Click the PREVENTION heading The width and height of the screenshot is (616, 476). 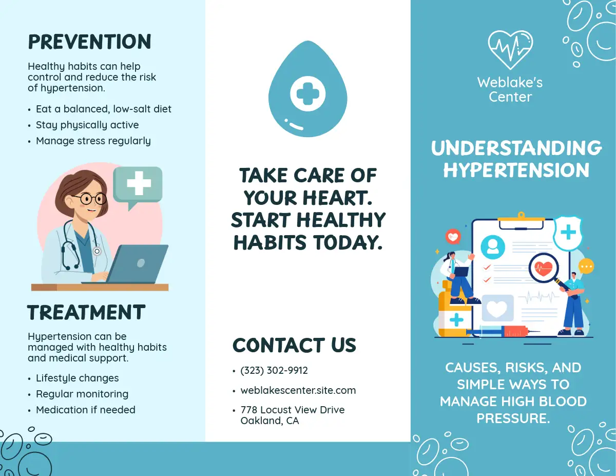point(90,42)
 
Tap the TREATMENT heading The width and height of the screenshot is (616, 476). point(86,312)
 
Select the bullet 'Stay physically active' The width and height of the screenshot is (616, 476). point(87,125)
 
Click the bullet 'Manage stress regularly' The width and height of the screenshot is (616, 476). point(93,141)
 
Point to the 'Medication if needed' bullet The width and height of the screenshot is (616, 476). point(86,410)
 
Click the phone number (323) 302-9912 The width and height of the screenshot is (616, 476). point(274,371)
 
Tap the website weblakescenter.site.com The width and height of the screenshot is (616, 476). point(298,390)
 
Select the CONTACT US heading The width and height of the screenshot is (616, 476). point(294,345)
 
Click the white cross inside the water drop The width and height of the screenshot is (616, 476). point(308,93)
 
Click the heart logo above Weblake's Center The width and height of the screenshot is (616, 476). point(510,50)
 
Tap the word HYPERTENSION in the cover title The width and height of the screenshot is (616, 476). point(516,170)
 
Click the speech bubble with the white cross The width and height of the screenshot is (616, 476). point(138,186)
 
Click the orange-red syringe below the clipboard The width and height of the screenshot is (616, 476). point(503,331)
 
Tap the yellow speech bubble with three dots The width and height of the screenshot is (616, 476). point(586,266)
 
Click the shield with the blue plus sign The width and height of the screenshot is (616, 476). point(568,233)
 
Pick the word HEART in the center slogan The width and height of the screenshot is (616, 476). point(338,198)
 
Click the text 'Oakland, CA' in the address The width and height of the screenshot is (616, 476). point(269,421)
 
